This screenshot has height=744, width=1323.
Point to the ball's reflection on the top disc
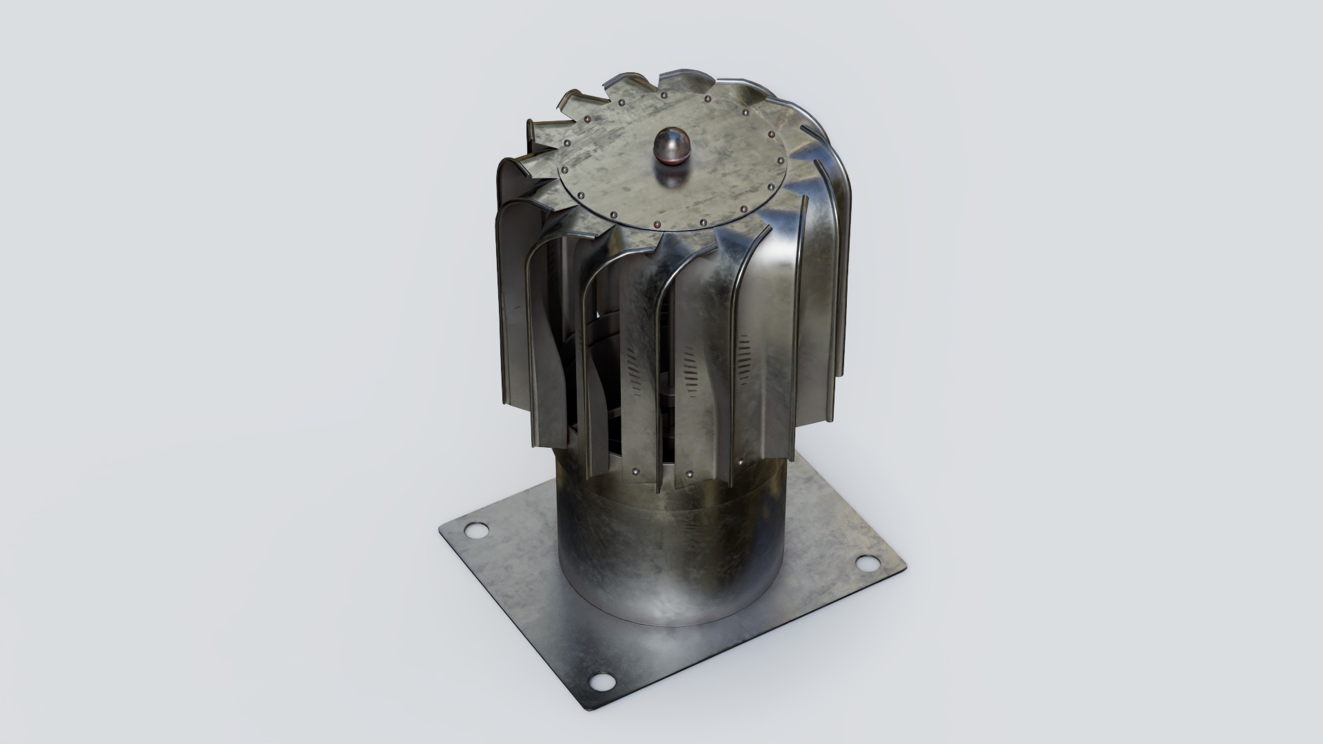tap(672, 180)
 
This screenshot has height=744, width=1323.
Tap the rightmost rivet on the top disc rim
tap(780, 161)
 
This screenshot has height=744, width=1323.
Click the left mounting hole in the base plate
tap(475, 530)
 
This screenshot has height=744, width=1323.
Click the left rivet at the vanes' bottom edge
tap(635, 472)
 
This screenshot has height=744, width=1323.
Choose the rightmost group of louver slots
tap(744, 358)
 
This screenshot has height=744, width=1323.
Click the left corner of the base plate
tap(441, 530)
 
